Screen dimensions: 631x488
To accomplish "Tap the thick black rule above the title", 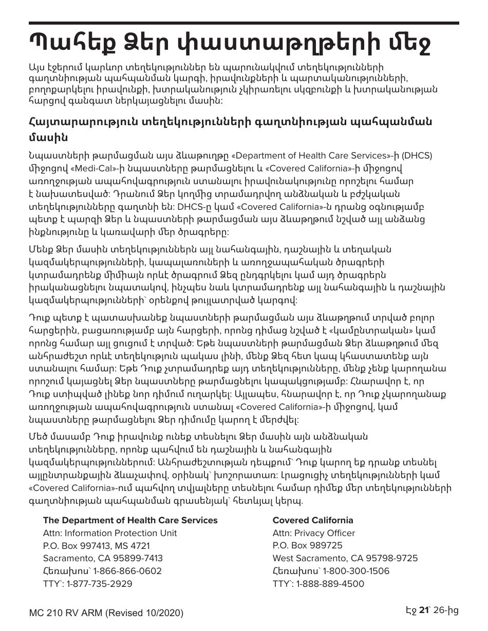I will (244, 24).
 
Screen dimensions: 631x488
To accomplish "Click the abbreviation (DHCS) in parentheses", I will (417, 156).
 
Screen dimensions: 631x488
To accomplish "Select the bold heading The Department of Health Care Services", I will (130, 520).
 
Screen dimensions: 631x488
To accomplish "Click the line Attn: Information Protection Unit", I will (110, 533).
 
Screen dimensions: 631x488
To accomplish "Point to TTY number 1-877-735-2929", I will (99, 584).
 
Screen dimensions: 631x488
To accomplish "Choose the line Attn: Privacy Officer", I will (313, 533).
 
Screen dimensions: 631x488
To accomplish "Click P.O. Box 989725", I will (307, 545).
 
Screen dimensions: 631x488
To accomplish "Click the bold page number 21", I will (424, 610).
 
